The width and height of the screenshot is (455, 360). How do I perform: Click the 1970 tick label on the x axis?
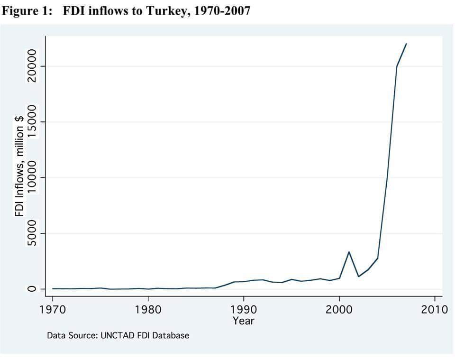[x=53, y=309]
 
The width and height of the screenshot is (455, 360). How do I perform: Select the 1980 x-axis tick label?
[x=148, y=309]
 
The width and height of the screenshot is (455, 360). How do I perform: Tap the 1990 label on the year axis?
[x=244, y=309]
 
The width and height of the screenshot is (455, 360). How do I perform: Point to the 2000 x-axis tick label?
[x=339, y=309]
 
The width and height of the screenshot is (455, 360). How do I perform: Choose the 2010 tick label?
[x=435, y=309]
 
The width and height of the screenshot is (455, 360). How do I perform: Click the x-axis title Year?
[x=244, y=321]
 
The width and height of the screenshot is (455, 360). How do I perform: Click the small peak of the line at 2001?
[x=349, y=252]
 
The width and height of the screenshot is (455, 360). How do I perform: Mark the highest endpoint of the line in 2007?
[x=406, y=44]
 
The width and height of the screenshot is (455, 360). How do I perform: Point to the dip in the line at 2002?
[x=359, y=277]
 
